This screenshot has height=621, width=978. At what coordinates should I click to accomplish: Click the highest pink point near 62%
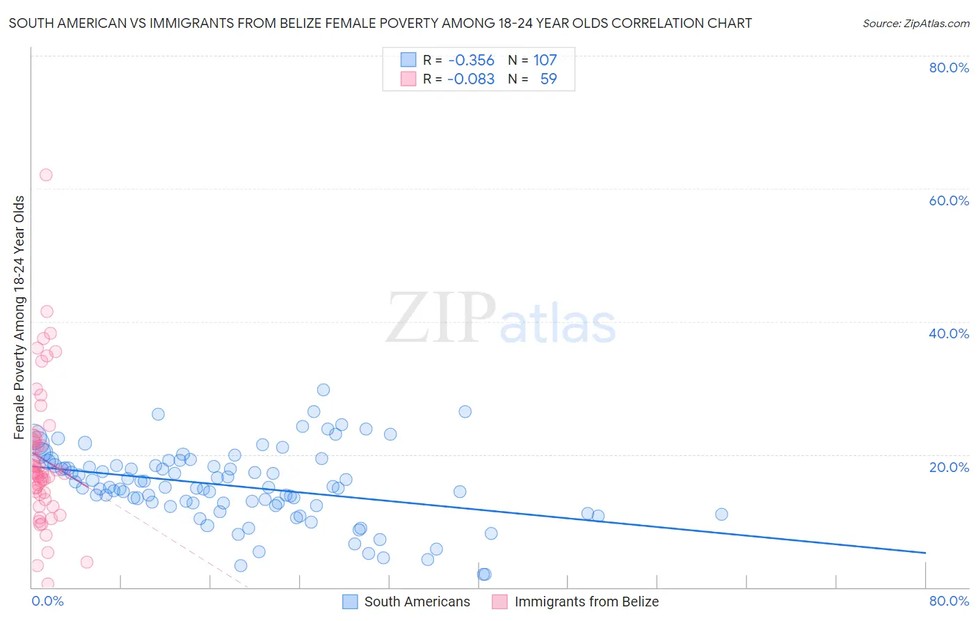[x=46, y=175]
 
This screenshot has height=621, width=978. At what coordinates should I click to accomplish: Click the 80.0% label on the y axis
[x=949, y=68]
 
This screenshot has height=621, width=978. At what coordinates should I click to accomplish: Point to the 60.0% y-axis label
[x=949, y=201]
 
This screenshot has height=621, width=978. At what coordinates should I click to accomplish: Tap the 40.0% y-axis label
[x=949, y=333]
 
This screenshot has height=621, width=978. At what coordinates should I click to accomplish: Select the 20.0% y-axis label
[x=949, y=466]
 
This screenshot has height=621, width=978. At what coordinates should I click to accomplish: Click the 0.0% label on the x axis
[x=47, y=601]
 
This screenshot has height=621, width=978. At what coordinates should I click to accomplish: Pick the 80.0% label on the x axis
[x=949, y=601]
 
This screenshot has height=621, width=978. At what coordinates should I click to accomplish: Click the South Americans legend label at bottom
[x=417, y=602]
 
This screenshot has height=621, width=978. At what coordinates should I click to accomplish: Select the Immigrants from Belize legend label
[x=586, y=602]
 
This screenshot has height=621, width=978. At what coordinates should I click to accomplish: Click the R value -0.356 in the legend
[x=471, y=61]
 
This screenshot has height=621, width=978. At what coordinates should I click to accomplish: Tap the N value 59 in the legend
[x=548, y=79]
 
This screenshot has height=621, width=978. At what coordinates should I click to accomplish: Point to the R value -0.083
[x=471, y=79]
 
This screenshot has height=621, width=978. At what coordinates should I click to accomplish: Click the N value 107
[x=545, y=61]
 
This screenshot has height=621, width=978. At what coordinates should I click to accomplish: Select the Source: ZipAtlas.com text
[x=915, y=23]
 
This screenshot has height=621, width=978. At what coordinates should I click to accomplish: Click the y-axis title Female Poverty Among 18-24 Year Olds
[x=19, y=317]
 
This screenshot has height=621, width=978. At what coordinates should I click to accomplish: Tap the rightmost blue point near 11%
[x=721, y=514]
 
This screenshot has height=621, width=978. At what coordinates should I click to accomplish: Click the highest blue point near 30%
[x=323, y=390]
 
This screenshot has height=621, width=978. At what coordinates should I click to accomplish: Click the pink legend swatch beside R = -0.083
[x=408, y=79]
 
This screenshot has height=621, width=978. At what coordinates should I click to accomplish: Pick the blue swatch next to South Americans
[x=351, y=602]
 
